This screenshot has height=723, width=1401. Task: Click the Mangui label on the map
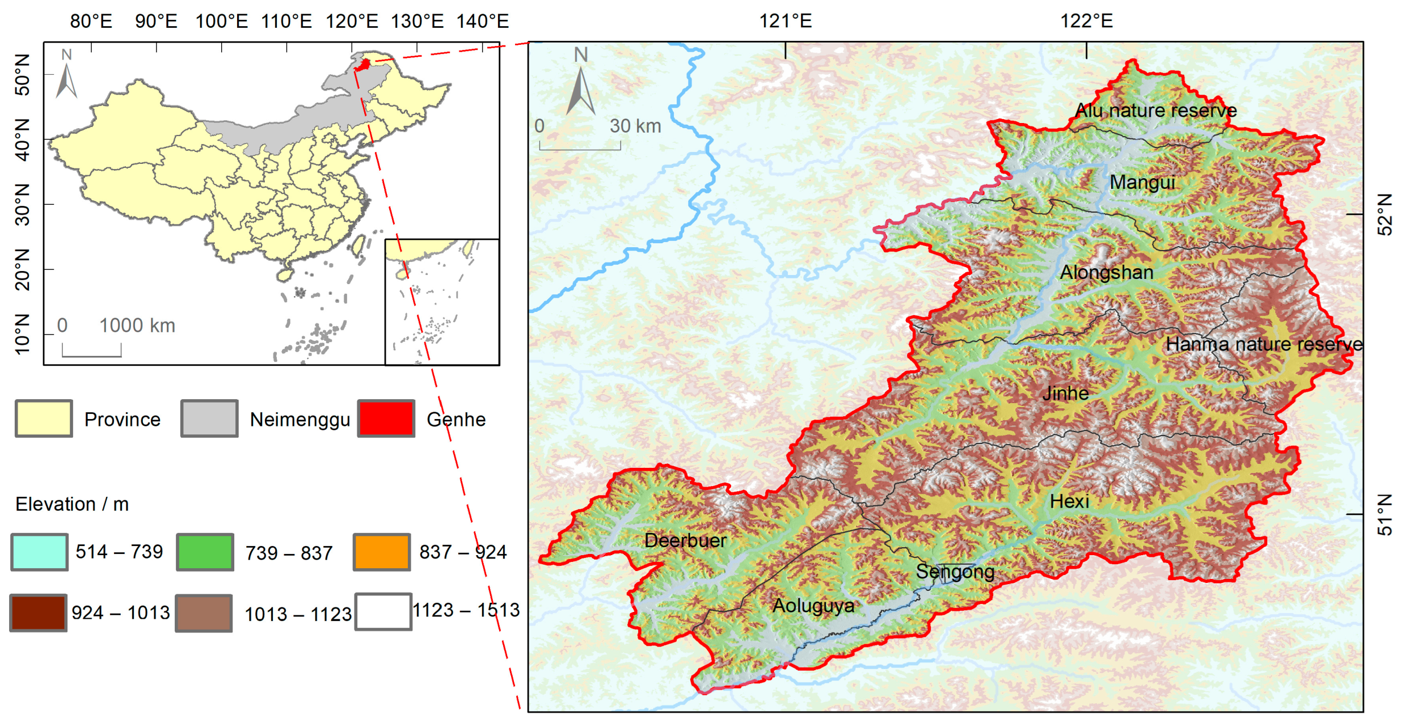[1141, 183]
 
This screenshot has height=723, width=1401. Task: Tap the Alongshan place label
[1106, 272]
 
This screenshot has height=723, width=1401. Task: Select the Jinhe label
[1065, 393]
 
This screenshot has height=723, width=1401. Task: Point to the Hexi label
[1069, 501]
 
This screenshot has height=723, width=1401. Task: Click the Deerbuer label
[685, 540]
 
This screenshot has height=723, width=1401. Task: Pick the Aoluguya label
[813, 606]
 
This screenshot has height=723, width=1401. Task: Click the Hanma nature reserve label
[1264, 344]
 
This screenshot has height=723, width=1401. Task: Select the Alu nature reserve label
[1155, 110]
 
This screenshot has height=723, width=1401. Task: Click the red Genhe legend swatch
[386, 418]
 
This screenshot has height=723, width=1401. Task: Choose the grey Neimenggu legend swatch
[209, 418]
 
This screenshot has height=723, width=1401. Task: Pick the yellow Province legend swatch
[44, 418]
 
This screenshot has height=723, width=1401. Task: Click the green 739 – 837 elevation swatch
[205, 552]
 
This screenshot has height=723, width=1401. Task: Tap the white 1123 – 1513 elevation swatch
[383, 611]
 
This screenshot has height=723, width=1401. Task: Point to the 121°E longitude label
[785, 21]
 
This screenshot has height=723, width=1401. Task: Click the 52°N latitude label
[1385, 214]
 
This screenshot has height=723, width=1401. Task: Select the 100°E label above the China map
[221, 21]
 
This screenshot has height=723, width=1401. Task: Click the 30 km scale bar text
[635, 126]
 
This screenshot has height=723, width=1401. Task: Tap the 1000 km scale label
[137, 325]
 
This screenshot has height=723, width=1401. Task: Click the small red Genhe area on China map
[364, 65]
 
